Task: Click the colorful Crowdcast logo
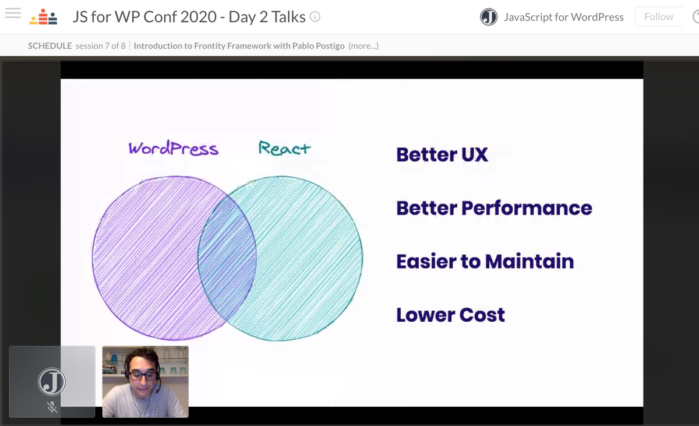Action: coord(44,17)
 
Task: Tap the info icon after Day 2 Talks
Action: coord(315,17)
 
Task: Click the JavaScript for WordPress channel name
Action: coord(563,17)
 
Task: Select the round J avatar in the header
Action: coord(489,17)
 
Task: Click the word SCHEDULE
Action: coord(50,45)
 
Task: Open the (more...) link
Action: coord(363,45)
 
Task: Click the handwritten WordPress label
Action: coord(173,148)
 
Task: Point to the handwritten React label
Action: coord(284,148)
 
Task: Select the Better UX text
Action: coord(442,154)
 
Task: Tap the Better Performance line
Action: coord(494,208)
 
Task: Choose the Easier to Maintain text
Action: coord(485,261)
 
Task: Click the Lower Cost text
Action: coord(450,315)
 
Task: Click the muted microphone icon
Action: coord(52,407)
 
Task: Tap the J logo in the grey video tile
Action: coord(52,382)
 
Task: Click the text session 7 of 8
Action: coord(100,45)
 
